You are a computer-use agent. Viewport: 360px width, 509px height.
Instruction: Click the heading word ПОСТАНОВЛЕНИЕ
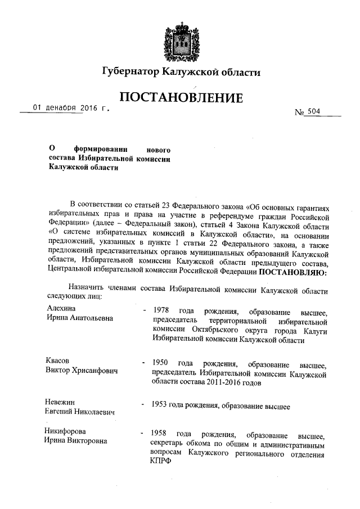[180, 98]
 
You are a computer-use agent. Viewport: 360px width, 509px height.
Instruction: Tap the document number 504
[313, 111]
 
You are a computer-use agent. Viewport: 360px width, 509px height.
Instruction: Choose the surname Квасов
[60, 361]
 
